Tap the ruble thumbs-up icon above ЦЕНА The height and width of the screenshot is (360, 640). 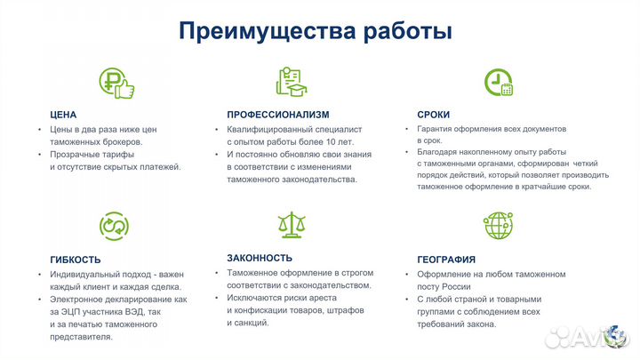[116, 83]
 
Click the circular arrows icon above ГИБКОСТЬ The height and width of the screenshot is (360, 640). [115, 226]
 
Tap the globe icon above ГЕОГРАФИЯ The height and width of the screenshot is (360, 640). [498, 225]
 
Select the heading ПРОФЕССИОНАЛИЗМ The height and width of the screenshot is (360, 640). [277, 115]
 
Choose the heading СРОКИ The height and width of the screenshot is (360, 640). [433, 115]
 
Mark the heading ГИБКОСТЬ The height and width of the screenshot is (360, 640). [76, 259]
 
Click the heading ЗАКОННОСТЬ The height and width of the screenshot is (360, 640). [259, 258]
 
